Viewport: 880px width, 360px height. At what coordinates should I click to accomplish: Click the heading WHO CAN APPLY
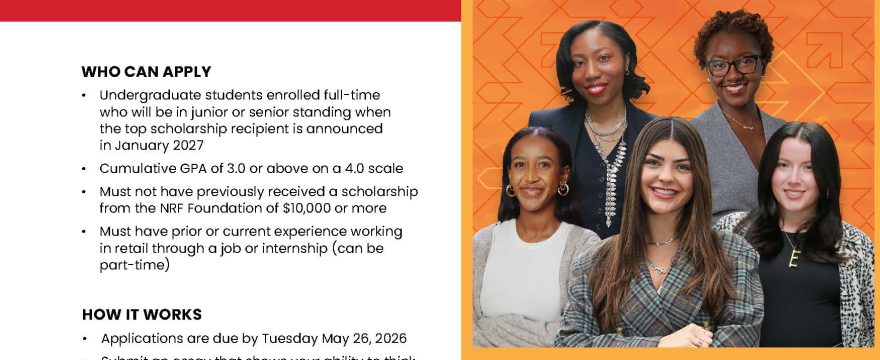tap(146, 72)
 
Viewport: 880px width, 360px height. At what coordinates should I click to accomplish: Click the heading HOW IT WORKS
tap(141, 314)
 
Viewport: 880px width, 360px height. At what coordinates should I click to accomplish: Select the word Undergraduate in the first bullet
tap(148, 95)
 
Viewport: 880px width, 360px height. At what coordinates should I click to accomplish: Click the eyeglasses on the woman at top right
tap(733, 66)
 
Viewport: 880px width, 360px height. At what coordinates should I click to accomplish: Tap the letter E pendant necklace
tap(793, 257)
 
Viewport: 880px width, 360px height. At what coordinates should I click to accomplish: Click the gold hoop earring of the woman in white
tap(510, 190)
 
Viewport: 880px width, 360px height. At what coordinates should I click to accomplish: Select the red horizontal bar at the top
tap(230, 10)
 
